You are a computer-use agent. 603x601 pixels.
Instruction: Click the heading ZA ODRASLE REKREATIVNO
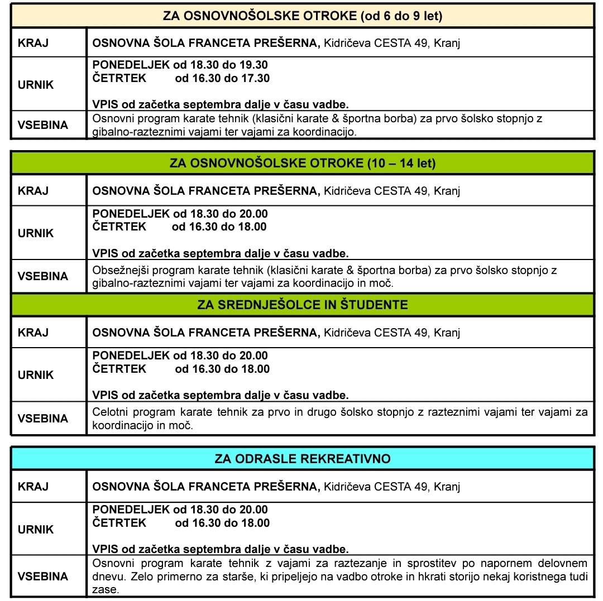coord(303,459)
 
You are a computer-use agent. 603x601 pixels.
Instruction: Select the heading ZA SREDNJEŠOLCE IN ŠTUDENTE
coord(303,305)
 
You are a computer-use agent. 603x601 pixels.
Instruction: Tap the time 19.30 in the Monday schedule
coord(253,64)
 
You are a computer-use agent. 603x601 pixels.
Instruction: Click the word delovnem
coord(563,563)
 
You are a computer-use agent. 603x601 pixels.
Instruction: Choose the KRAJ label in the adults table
coord(33,487)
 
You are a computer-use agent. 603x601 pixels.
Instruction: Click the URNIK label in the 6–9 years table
coord(36,85)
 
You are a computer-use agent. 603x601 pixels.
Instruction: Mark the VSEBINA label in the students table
coord(43,419)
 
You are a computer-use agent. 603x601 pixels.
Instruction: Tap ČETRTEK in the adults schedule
coord(119,523)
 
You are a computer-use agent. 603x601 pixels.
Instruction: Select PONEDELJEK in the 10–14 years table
coord(131,214)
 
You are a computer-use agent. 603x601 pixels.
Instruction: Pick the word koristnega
coord(536,576)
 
